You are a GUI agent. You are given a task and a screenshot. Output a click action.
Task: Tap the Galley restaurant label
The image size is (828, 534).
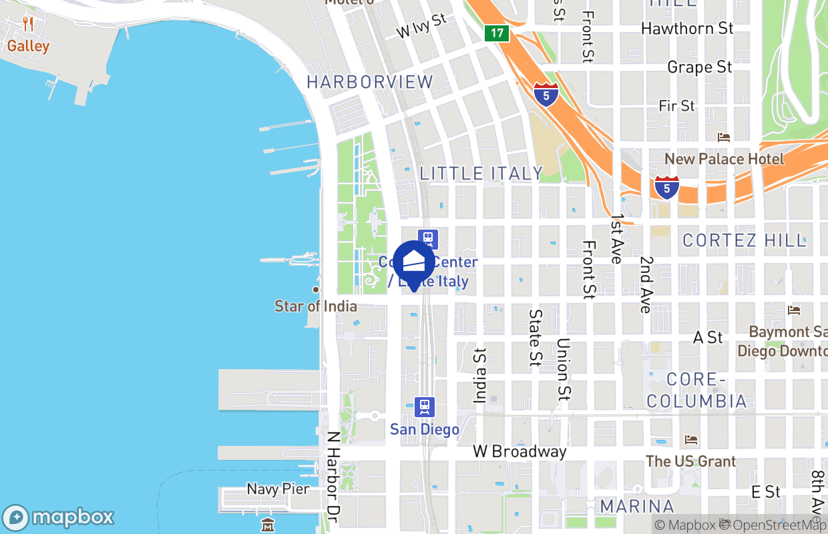tap(28, 46)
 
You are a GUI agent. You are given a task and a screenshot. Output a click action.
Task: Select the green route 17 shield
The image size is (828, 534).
tap(497, 33)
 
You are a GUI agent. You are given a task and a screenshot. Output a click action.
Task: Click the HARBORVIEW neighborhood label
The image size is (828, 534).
tap(370, 82)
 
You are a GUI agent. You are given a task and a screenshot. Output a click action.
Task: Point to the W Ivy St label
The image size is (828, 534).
tap(421, 26)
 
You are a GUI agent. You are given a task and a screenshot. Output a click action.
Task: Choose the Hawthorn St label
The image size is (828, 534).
tap(687, 28)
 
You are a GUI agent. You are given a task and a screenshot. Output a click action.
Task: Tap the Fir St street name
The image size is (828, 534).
tap(676, 105)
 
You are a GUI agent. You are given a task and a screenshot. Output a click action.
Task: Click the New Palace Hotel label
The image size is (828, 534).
tap(724, 159)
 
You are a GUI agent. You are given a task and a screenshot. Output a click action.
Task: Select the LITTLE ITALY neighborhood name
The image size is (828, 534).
tap(481, 174)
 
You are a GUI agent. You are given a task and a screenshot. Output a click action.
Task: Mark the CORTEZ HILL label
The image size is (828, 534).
tap(745, 240)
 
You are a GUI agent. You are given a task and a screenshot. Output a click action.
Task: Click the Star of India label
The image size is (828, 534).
tap(316, 306)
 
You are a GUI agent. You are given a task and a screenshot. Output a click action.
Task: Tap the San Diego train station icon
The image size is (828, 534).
tap(425, 407)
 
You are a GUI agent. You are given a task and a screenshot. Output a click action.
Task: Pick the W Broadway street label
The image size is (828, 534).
tap(520, 452)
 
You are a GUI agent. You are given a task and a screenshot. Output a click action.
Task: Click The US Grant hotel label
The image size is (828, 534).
tap(691, 461)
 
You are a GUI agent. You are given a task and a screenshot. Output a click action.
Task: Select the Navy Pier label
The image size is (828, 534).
tap(278, 489)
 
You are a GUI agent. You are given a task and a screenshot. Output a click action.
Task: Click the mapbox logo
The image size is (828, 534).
tap(59, 517)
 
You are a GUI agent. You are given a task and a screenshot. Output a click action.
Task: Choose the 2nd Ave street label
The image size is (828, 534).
tap(645, 284)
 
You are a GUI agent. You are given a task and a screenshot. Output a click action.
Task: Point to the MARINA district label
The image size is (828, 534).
tap(637, 505)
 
